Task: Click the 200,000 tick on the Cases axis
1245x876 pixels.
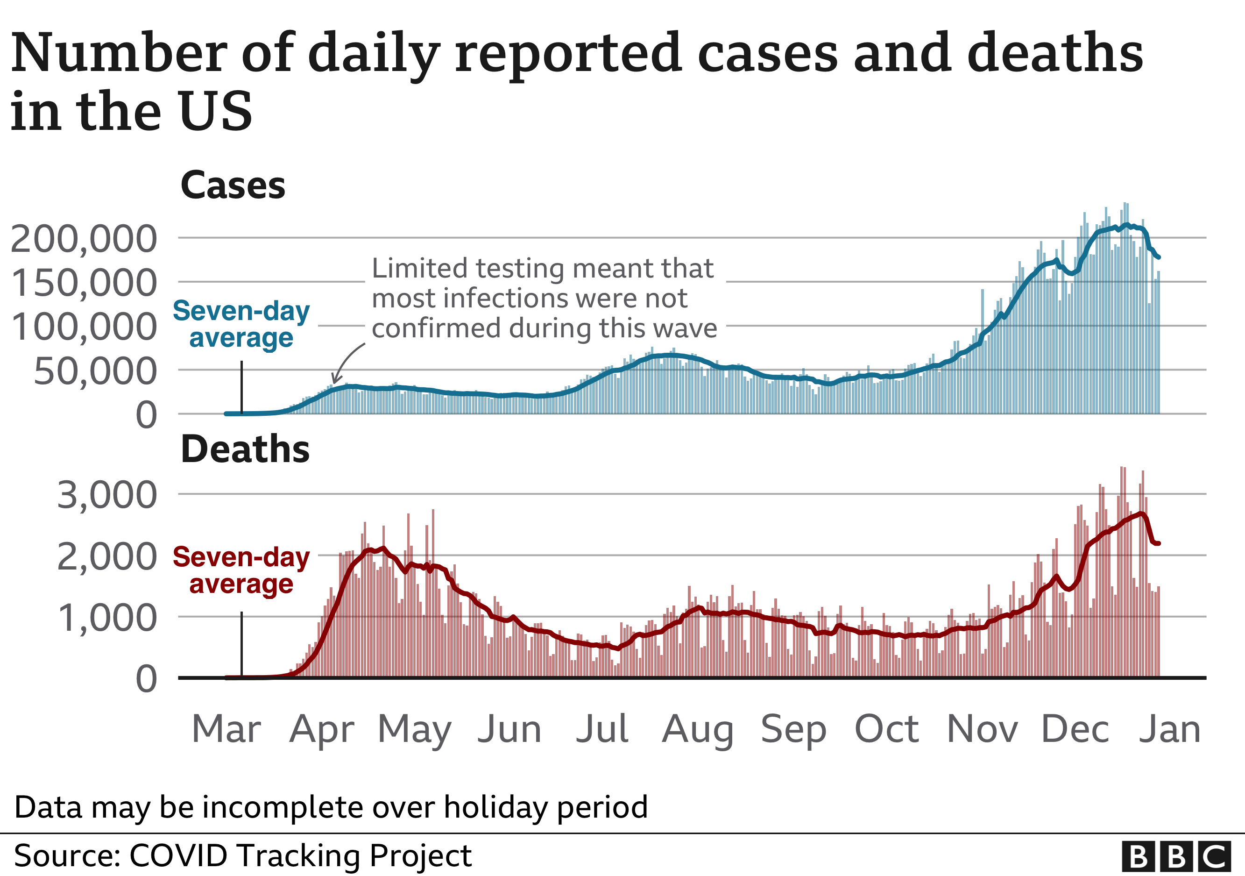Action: [84, 239]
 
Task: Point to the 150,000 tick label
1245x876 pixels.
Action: [84, 283]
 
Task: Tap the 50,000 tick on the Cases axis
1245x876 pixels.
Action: [95, 371]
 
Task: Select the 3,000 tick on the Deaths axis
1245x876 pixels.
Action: [107, 495]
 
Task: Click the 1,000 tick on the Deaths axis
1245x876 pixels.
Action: [107, 618]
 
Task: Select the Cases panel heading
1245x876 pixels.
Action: [233, 185]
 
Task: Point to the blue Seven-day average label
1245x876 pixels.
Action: [241, 324]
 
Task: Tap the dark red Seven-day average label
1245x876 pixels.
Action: [241, 570]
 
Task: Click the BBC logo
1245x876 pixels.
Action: [1175, 857]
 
